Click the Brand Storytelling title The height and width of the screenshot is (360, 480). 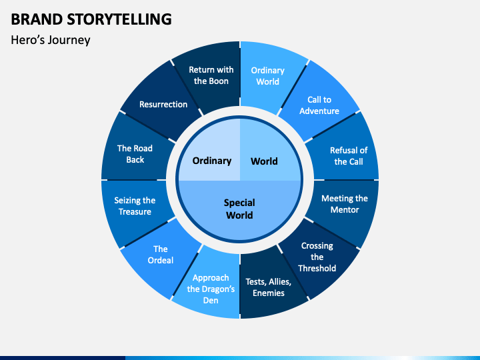(x=91, y=19)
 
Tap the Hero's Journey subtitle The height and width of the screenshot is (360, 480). (x=51, y=40)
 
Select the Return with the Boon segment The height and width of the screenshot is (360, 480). (x=211, y=75)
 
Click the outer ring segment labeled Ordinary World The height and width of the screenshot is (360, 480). (x=267, y=75)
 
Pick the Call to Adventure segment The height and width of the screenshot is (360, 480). (x=319, y=105)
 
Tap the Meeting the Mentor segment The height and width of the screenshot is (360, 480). (x=344, y=204)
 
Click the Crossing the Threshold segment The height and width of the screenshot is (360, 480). (x=317, y=257)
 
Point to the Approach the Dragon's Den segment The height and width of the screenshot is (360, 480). (x=211, y=289)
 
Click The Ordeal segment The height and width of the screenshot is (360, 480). (x=161, y=255)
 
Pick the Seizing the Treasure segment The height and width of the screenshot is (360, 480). (x=135, y=205)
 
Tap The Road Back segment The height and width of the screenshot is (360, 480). (x=135, y=154)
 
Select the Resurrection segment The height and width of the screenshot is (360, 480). (x=163, y=105)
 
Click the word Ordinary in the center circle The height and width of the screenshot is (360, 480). (x=212, y=161)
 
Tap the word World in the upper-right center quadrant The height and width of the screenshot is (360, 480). (x=264, y=161)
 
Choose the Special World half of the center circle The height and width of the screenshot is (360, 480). (x=239, y=209)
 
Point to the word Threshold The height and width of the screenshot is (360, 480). (x=317, y=268)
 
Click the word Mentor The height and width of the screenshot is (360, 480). (x=344, y=209)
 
